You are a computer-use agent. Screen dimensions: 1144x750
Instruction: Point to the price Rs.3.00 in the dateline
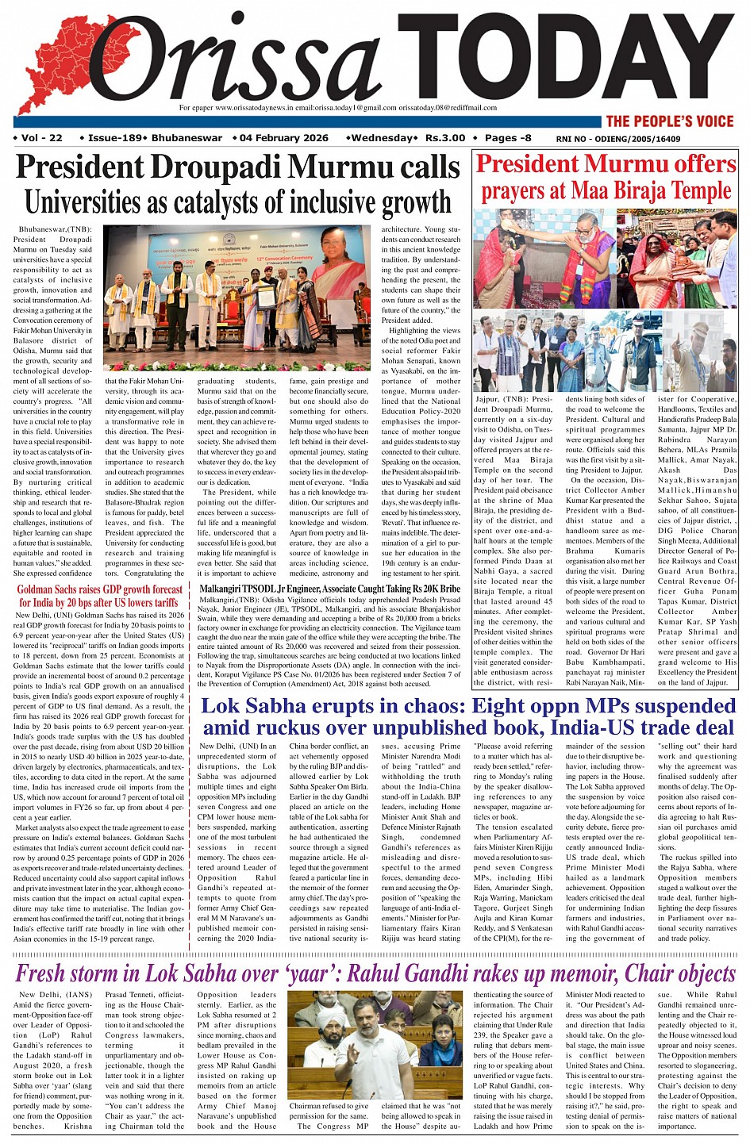[x=445, y=138]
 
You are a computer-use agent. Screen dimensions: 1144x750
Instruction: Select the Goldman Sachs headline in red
[x=100, y=596]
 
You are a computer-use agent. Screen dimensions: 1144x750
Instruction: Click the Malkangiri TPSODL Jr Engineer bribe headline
[x=329, y=589]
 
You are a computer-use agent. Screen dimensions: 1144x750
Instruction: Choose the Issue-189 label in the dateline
[x=114, y=138]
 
